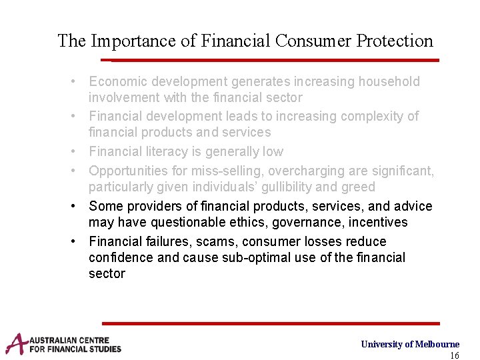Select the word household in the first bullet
coord(389,82)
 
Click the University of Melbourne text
coord(410,344)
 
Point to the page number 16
coord(454,355)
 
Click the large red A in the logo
coord(16,344)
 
